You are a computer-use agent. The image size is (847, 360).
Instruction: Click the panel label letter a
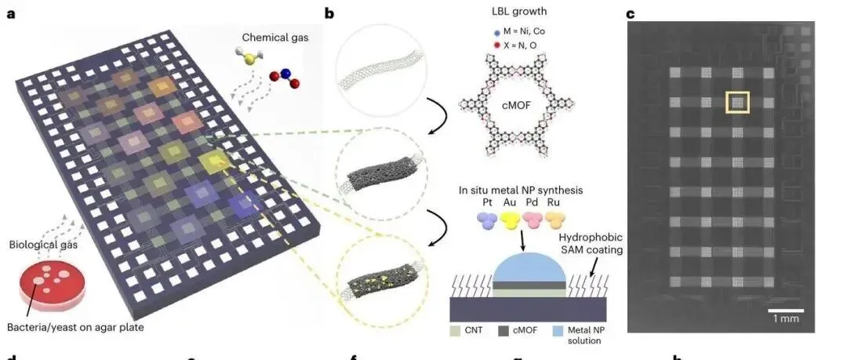[x=11, y=13]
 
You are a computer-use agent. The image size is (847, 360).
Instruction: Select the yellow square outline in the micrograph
[x=737, y=103]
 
